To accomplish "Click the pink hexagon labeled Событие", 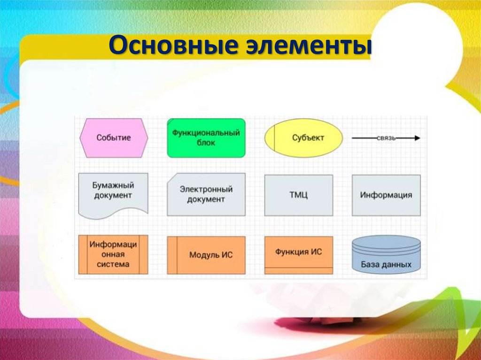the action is pos(114,138).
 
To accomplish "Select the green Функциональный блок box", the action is pos(206,138).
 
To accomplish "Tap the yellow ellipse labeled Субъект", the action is pos(303,138).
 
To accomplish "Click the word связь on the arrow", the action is pos(387,138).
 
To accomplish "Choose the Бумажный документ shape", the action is pos(113,195).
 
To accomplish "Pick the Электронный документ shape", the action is pos(206,194).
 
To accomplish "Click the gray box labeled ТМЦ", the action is pos(298,195).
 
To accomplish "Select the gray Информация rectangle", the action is pos(386,195).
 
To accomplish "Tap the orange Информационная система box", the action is pos(113,254).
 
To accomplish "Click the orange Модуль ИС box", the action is pos(206,255).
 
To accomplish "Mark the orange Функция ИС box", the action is pos(298,254).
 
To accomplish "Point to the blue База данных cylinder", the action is pos(386,254).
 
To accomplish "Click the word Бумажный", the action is pos(113,186).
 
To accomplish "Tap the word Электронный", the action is pos(206,190).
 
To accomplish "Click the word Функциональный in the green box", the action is pos(206,133).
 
